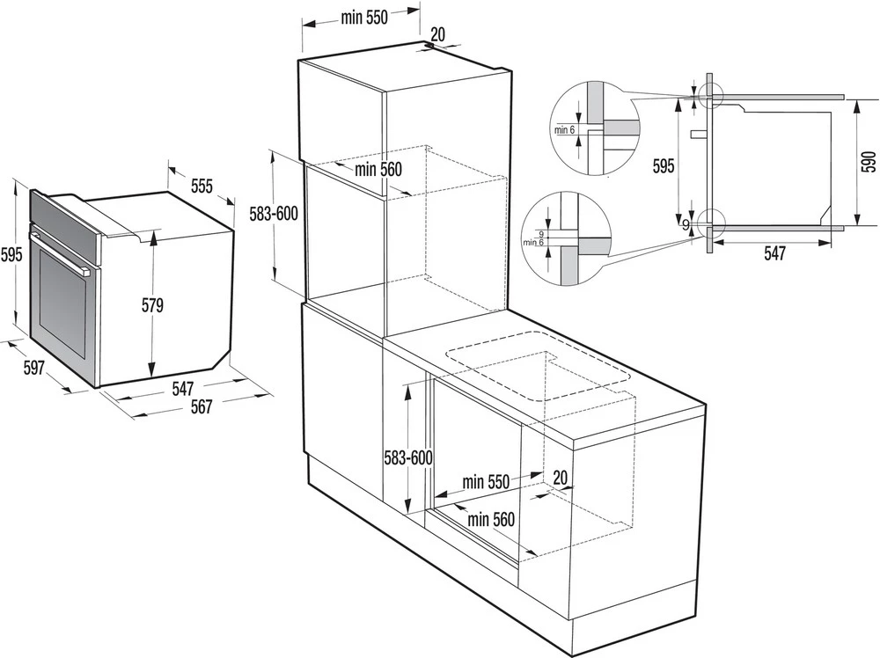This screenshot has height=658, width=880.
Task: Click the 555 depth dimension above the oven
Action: (202, 186)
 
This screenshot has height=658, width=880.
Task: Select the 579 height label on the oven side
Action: (154, 305)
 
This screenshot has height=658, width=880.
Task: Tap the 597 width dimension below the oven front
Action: (33, 368)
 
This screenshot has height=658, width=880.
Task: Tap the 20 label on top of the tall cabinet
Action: (437, 34)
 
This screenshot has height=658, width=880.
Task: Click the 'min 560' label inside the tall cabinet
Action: (378, 170)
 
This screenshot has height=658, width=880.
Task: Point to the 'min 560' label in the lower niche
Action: (490, 519)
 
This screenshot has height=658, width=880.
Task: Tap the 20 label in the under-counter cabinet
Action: (559, 476)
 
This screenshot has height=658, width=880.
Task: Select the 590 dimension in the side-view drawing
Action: (869, 161)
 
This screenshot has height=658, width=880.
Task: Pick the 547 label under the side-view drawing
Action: (774, 253)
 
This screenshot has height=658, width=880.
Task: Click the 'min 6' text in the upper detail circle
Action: (565, 129)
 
